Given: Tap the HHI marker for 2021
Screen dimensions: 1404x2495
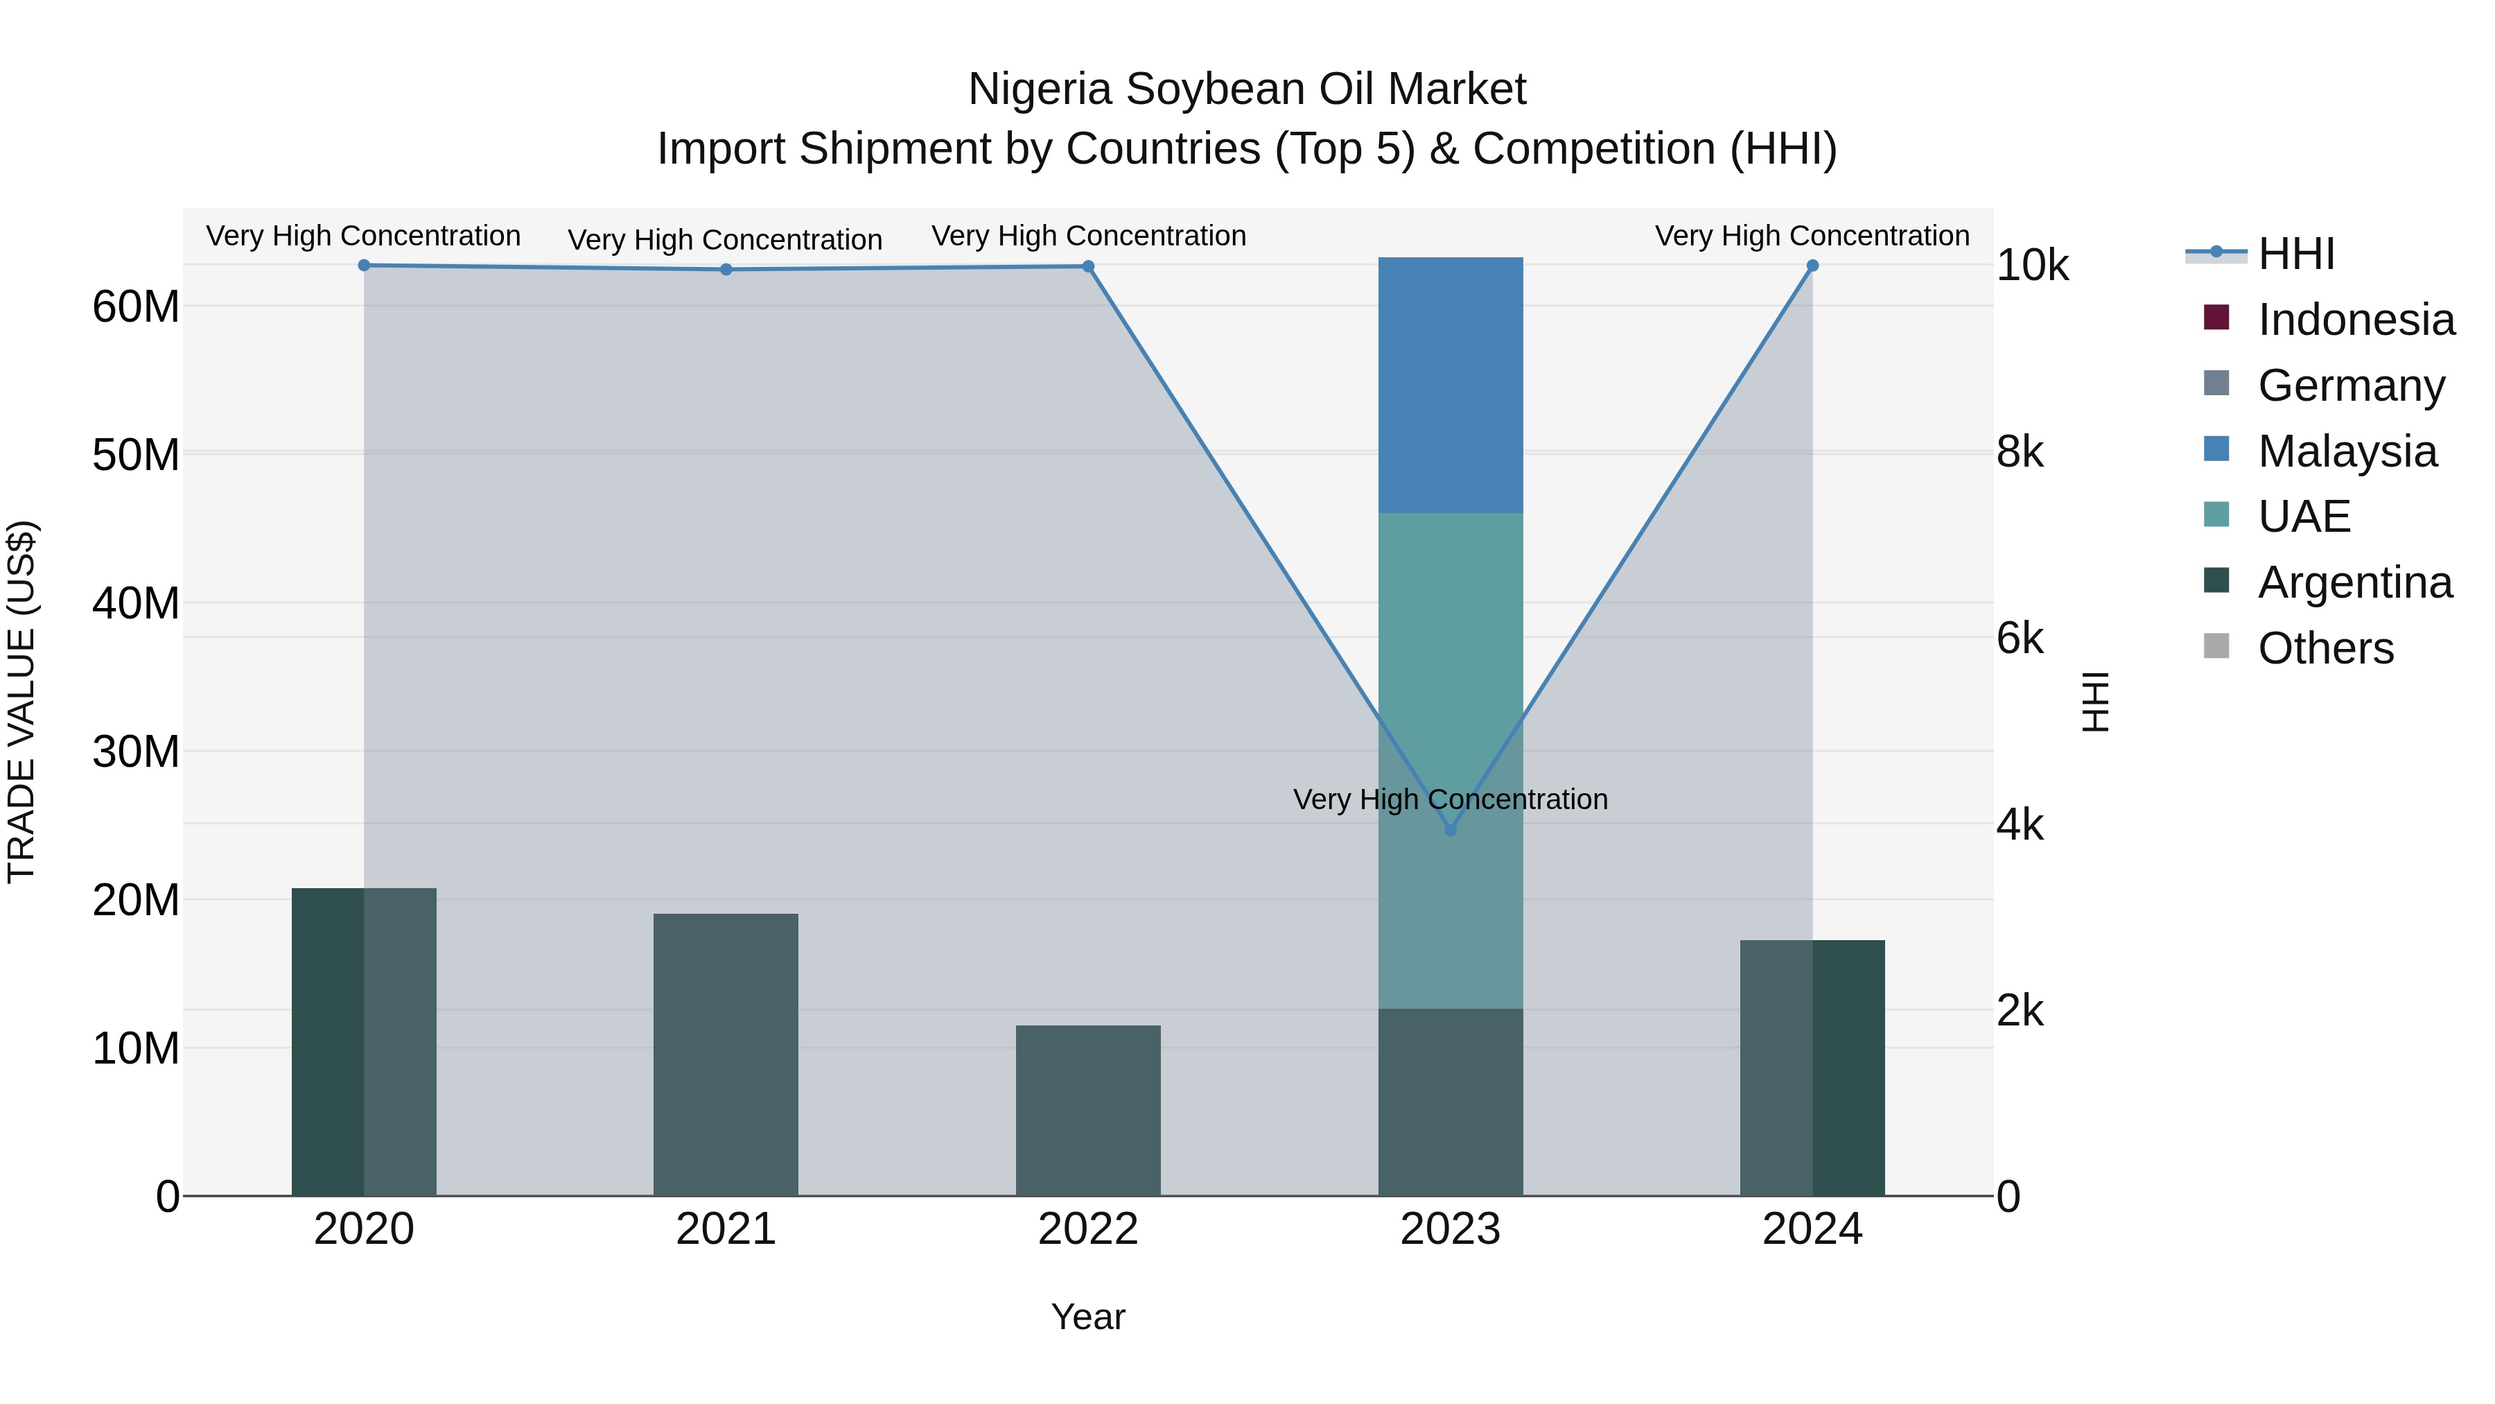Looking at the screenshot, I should tap(726, 270).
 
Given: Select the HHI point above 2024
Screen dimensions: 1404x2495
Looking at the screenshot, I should tap(1812, 266).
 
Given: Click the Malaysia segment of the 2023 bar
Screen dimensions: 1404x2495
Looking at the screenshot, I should tap(1450, 385).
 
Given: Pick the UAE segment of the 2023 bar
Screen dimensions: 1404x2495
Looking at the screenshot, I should tap(1450, 761).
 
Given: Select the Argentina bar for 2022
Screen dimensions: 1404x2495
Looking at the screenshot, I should tap(1087, 1111).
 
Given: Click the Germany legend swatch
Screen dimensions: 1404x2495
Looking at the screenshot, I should tap(2216, 383).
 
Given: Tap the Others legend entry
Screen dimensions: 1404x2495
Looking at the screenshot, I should tap(2325, 648).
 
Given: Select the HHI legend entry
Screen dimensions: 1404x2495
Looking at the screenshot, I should tap(2295, 254).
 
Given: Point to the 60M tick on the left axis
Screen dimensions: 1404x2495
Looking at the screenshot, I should tap(136, 306).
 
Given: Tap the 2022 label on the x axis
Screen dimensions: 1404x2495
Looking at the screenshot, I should tap(1087, 1229).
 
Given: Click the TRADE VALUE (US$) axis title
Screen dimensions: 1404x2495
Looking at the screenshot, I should tap(21, 702).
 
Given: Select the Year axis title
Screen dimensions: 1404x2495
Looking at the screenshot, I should tap(1087, 1317).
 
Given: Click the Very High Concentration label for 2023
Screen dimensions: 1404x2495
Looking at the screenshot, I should tap(1450, 799).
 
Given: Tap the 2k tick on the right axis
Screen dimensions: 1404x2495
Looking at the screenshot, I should tap(2020, 1011).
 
